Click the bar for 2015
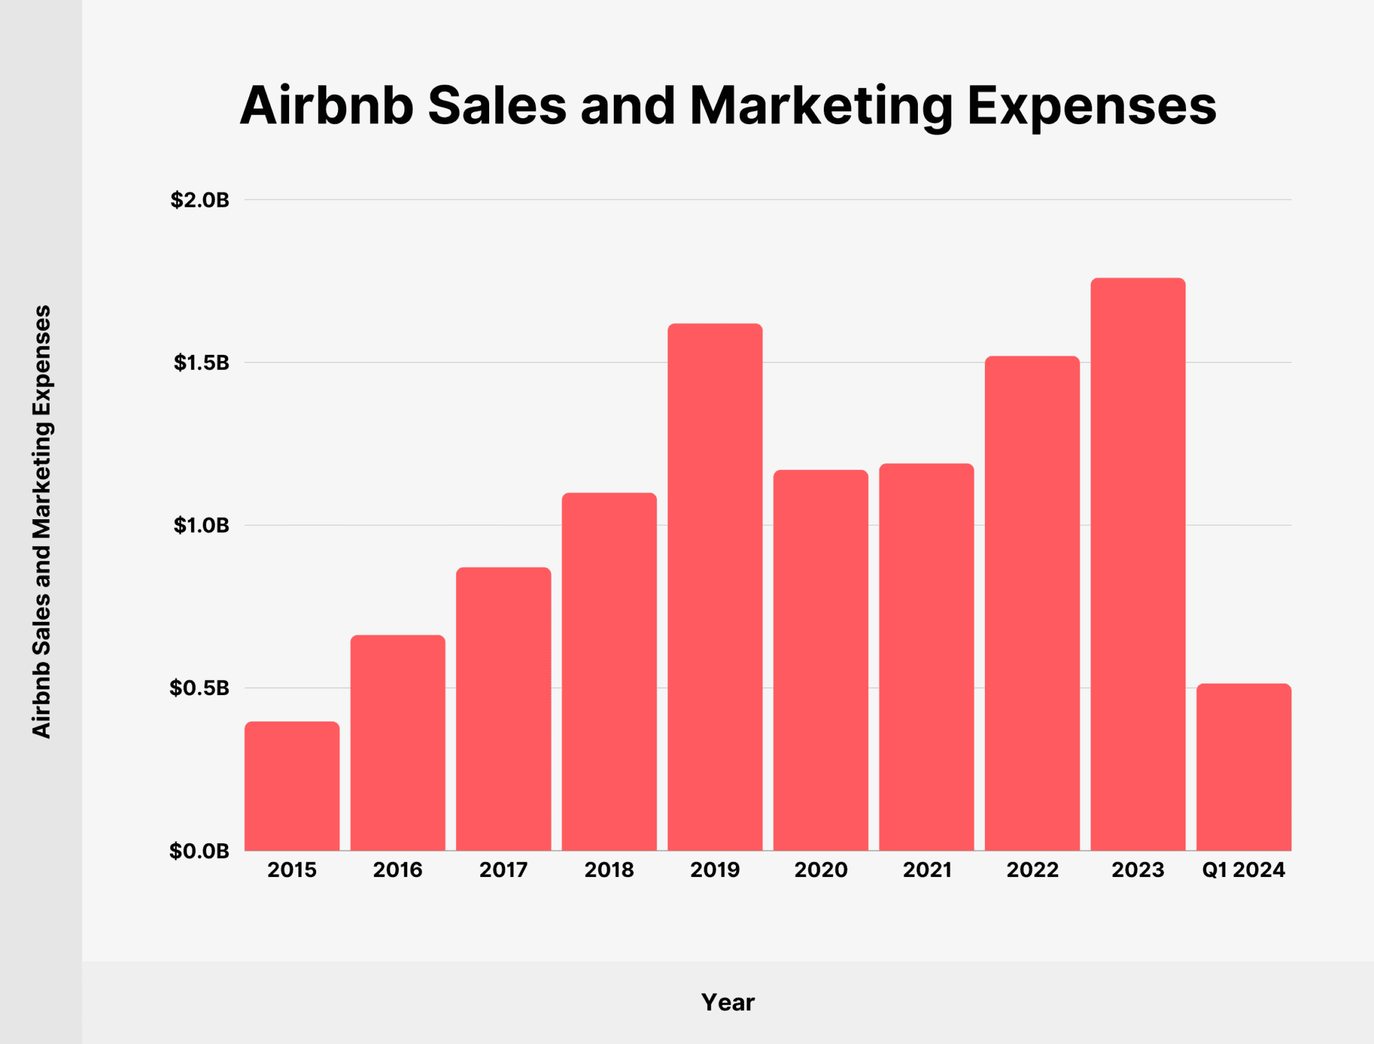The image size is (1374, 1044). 292,786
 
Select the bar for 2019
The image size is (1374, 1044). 715,587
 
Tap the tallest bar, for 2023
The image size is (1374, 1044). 1138,564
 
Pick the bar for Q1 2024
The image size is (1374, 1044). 1244,767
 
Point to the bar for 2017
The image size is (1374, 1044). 503,709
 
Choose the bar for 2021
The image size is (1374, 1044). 927,657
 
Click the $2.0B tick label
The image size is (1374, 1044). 200,200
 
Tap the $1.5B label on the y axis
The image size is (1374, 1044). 201,363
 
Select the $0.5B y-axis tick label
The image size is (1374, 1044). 200,688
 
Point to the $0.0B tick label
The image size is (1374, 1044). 199,851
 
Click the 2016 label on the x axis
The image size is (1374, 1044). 398,870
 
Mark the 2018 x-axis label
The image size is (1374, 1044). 609,870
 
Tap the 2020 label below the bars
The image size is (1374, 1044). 821,870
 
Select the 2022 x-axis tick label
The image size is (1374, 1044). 1033,870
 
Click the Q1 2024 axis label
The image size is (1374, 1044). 1244,870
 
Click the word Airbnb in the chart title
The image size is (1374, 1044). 327,106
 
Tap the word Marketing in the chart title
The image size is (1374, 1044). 821,106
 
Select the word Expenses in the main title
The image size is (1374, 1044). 1092,106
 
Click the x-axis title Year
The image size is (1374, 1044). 728,1002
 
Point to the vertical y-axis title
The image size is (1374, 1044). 42,522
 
